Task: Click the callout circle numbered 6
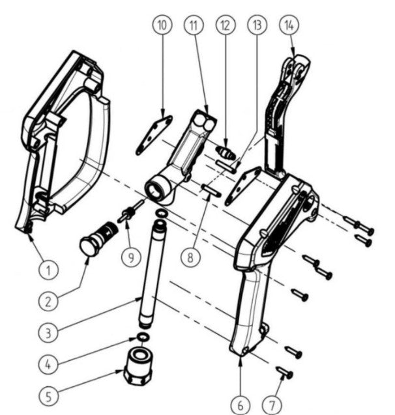(x=240, y=405)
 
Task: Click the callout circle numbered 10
(x=162, y=25)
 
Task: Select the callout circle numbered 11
(x=194, y=25)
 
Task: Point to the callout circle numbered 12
(x=226, y=25)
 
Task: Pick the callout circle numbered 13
(x=257, y=25)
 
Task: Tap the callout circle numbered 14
(x=289, y=25)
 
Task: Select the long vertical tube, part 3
(x=149, y=274)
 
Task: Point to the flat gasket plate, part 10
(x=154, y=135)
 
